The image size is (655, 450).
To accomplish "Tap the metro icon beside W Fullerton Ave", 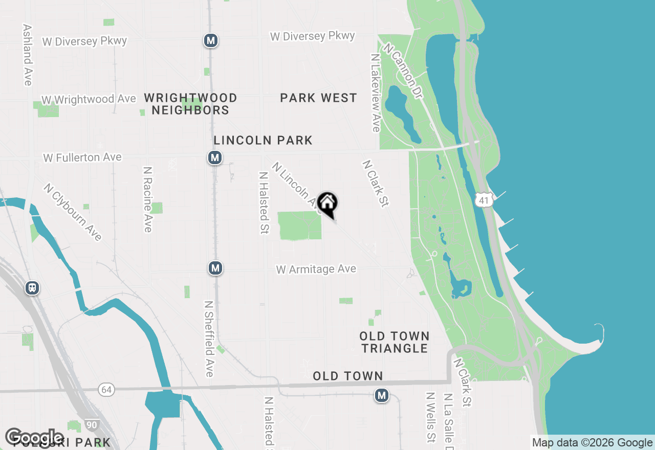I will coord(215,157).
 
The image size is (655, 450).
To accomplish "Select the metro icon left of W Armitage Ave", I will coord(215,267).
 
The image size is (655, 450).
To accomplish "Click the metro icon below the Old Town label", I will coord(381,395).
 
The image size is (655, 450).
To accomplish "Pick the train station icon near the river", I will coord(32,288).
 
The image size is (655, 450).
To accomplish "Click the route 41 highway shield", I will coord(484,200).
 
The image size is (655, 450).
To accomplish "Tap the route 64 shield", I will coord(106,390).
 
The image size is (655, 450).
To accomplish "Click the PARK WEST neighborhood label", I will coord(318,98).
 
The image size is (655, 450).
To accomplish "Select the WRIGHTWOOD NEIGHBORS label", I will coord(190,104).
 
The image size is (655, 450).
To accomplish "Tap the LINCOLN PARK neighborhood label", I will coord(263,140).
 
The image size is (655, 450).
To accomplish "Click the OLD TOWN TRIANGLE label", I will coord(394,342).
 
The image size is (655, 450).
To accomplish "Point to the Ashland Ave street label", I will coord(28,55).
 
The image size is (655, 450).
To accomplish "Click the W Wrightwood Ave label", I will coord(89,99).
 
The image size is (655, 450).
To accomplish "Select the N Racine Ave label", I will coord(148,199).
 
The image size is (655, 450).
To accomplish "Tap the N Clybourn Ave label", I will coord(73,212).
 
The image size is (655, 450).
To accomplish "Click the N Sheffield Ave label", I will coord(209,339).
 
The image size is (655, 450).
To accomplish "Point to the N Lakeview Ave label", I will coord(376,93).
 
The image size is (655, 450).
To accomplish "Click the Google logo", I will coord(35,438).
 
